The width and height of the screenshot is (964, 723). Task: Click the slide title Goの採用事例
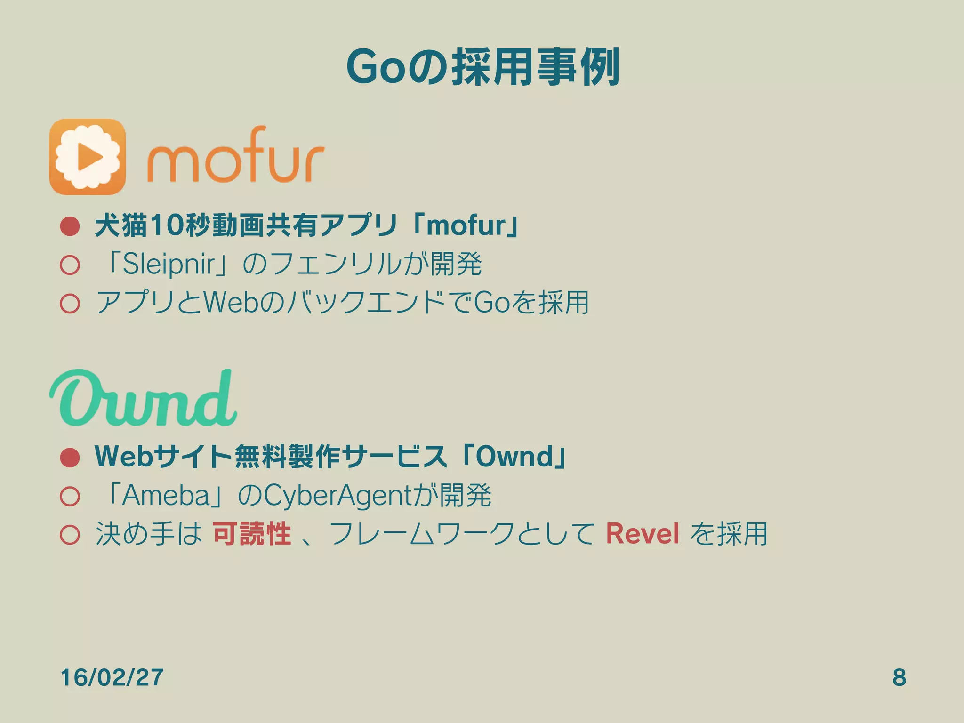[482, 67]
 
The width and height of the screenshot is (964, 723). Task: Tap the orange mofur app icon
[88, 157]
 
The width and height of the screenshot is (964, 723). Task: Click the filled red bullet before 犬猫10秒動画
[70, 226]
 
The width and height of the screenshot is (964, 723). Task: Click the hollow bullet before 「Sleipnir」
[70, 265]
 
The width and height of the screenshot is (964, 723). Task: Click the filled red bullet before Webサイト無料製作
[70, 457]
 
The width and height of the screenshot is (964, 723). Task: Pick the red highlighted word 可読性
[252, 534]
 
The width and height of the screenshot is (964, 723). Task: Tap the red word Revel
[642, 534]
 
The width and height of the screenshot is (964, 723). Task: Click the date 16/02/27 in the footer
[112, 677]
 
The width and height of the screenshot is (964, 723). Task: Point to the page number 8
[899, 677]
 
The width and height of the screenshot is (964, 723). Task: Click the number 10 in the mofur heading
[166, 226]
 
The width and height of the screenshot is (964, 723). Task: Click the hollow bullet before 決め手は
[70, 534]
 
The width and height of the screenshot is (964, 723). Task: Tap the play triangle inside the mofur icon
[89, 157]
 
